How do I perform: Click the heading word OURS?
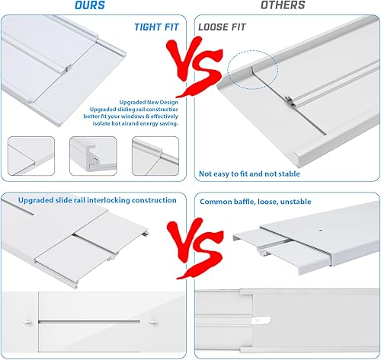point(91,6)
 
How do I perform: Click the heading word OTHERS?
point(283,6)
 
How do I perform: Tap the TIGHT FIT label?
point(156,27)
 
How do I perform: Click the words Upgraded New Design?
point(149,101)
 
